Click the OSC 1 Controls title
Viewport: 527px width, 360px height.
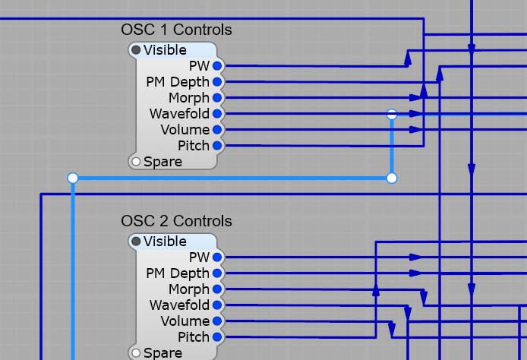pos(176,30)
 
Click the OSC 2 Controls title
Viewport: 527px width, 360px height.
pos(176,221)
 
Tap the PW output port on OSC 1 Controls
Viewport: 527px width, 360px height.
pos(217,66)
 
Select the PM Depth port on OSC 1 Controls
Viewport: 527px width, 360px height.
pos(217,82)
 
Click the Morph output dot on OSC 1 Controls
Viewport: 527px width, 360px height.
pos(217,98)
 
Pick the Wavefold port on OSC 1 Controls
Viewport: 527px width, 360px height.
pos(217,114)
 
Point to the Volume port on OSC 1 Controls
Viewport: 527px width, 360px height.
pos(217,130)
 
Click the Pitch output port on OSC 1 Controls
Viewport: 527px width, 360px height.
pos(217,146)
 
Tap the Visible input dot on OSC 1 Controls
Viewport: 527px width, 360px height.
pos(136,50)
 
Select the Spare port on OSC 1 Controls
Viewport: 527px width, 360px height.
pos(136,162)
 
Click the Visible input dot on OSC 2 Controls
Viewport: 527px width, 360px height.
pos(136,242)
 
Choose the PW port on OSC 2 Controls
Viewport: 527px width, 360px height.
pos(217,257)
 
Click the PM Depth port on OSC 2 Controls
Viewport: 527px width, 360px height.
pos(217,273)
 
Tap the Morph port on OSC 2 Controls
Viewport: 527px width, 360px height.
pos(217,289)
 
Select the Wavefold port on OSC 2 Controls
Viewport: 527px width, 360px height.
pos(217,305)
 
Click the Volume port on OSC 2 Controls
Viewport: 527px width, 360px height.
pos(217,321)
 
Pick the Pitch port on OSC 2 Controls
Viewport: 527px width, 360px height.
pos(217,337)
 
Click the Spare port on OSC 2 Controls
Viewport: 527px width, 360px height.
pos(136,353)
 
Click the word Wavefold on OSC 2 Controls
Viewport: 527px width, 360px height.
pos(179,305)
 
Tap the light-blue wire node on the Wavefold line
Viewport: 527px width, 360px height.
pos(392,115)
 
